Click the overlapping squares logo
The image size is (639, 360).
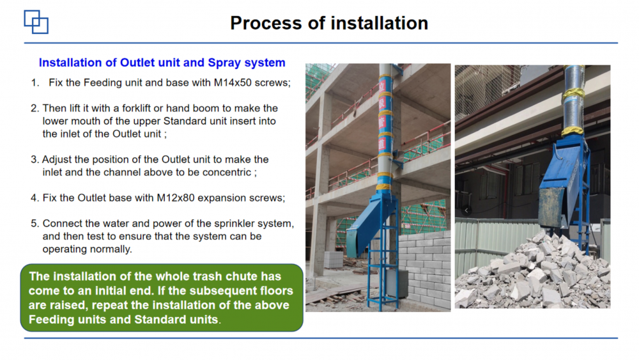(x=36, y=22)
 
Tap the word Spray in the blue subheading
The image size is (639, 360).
(x=224, y=63)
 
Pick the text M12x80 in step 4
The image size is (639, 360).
(x=176, y=198)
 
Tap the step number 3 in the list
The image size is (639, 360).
(x=35, y=159)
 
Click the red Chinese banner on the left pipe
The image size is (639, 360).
(x=382, y=114)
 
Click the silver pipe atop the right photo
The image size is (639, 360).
(x=573, y=98)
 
